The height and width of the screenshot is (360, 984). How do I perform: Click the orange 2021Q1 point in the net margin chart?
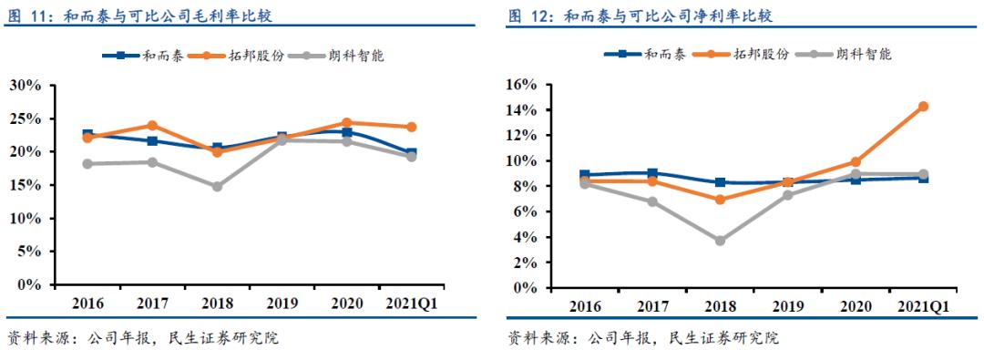[922, 107]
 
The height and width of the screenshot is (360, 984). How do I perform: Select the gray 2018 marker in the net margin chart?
[720, 241]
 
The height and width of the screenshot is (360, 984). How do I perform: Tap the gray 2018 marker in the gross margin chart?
[217, 186]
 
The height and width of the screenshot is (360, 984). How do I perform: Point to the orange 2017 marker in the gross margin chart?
[152, 126]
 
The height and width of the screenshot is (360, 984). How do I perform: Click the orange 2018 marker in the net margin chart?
[720, 200]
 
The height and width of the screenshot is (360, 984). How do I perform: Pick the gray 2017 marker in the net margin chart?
[652, 201]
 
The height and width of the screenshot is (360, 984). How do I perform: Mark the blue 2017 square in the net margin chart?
[652, 173]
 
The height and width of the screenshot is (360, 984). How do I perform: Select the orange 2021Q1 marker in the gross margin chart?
[411, 127]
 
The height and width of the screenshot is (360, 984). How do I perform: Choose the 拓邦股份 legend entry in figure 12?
[738, 55]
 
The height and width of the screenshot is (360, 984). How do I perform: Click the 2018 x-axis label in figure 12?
[720, 306]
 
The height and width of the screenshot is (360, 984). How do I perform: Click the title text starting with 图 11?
[137, 16]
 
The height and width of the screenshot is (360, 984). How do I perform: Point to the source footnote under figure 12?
[643, 339]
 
